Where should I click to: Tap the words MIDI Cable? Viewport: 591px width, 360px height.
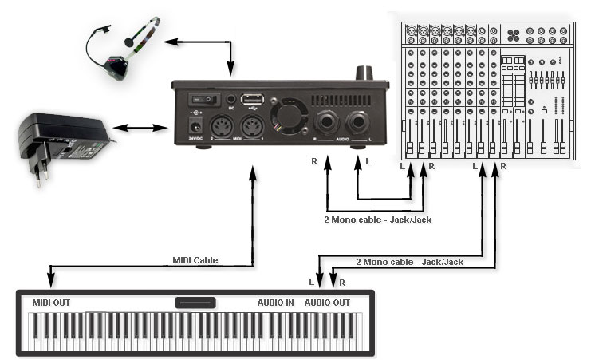(x=195, y=260)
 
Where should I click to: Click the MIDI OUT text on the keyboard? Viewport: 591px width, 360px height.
(x=52, y=303)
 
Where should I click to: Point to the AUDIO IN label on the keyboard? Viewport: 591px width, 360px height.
(x=275, y=303)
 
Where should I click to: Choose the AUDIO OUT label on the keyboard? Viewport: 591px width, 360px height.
(x=328, y=303)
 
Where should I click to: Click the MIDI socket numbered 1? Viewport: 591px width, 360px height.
(x=252, y=127)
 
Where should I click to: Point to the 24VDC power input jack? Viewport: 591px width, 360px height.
(x=191, y=126)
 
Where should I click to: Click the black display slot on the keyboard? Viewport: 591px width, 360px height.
(x=195, y=303)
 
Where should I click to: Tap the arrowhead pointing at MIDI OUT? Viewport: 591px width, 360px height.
(x=50, y=280)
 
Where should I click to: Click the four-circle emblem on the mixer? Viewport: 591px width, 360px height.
(x=514, y=35)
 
